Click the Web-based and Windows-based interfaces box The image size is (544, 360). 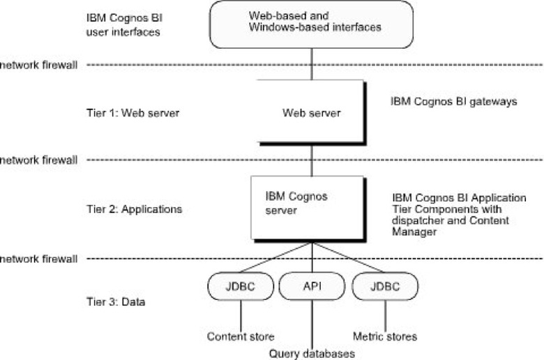(311, 24)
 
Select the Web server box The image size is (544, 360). (311, 112)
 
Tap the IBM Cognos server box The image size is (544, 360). (308, 209)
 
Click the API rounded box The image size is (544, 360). (312, 286)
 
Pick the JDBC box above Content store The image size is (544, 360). (241, 286)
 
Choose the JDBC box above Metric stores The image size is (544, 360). (385, 286)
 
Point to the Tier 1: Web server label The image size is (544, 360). (133, 113)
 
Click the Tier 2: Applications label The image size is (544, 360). (135, 209)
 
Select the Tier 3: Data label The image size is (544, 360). (116, 301)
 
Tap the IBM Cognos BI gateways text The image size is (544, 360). (454, 101)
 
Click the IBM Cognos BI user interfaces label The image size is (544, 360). (124, 25)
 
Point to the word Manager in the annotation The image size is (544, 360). (414, 232)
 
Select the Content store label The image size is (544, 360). (241, 336)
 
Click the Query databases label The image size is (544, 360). (312, 354)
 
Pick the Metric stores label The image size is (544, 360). (385, 336)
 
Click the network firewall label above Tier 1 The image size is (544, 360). (38, 65)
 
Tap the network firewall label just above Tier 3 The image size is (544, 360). (38, 259)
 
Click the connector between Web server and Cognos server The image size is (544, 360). (312, 160)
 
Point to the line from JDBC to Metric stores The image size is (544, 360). (385, 316)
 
